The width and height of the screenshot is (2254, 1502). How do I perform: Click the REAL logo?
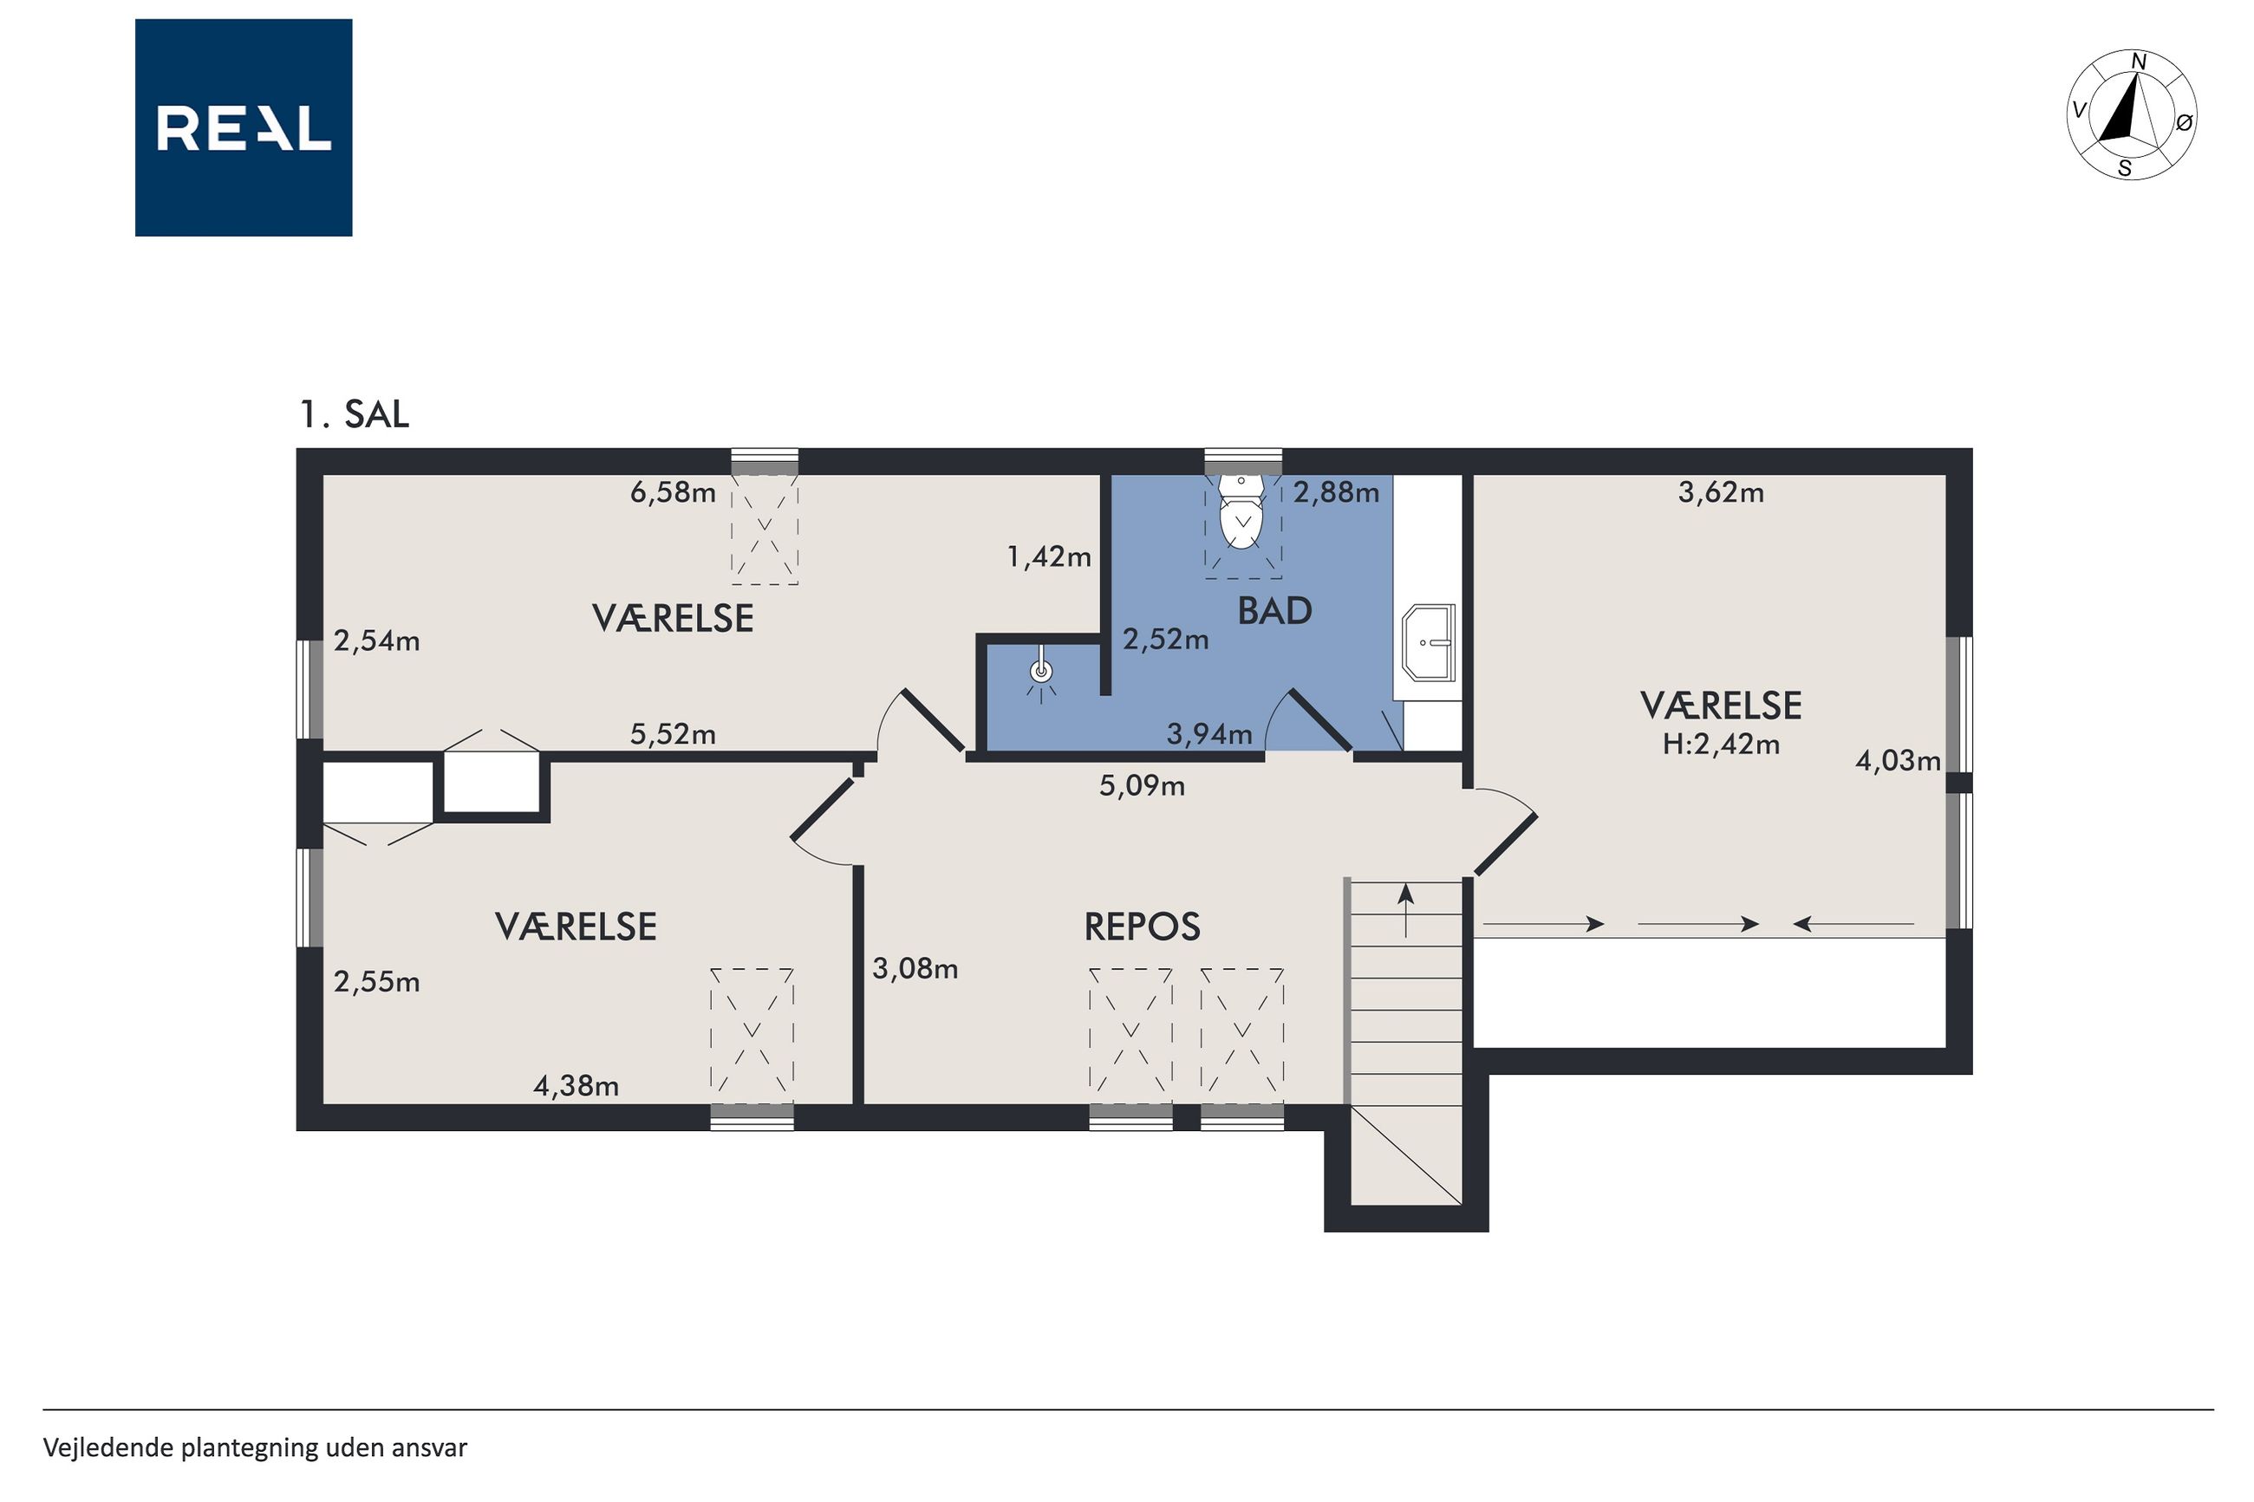(x=244, y=127)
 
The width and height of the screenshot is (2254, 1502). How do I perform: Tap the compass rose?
(x=2132, y=115)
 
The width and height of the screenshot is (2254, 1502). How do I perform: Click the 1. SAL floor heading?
(x=355, y=413)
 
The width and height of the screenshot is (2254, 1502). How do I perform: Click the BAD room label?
(x=1274, y=611)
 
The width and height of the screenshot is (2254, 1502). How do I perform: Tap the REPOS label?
(x=1142, y=927)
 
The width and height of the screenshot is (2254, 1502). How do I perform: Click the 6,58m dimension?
(x=673, y=492)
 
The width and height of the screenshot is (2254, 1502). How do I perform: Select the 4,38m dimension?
(x=576, y=1086)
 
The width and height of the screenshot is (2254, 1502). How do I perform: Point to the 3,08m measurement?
(x=915, y=968)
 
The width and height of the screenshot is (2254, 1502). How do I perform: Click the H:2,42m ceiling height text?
(x=1722, y=744)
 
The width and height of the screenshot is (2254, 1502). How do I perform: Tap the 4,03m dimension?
(x=1898, y=761)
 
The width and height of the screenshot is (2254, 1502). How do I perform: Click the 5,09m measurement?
(x=1142, y=786)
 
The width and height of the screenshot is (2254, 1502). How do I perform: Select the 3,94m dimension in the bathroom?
(x=1208, y=734)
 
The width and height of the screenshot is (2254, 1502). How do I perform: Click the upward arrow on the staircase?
(x=1405, y=910)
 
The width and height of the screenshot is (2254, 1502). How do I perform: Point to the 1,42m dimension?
(x=1049, y=556)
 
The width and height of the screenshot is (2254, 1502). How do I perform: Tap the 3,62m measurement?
(x=1722, y=492)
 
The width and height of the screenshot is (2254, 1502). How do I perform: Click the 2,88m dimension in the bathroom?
(x=1336, y=492)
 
